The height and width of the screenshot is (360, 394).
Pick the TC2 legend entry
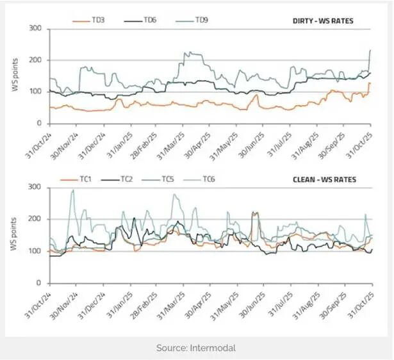point(127,179)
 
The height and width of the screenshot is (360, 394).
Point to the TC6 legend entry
point(212,179)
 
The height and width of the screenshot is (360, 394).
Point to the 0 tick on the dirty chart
point(39,123)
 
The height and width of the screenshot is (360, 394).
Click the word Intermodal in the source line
point(213,348)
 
